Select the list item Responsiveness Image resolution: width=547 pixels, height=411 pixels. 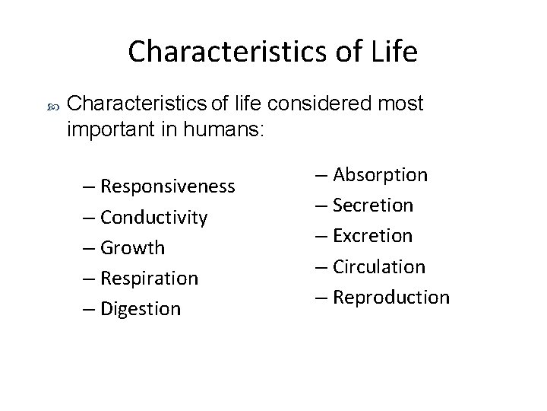[167, 186]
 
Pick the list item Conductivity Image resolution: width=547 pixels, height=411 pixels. [153, 217]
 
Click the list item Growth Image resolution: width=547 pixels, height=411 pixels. [132, 247]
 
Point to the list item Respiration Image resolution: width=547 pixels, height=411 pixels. [149, 278]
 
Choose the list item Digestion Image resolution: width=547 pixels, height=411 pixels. [141, 308]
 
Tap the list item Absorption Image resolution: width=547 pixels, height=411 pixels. [379, 175]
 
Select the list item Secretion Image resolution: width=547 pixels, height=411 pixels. [372, 205]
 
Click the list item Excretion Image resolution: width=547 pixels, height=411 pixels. [372, 236]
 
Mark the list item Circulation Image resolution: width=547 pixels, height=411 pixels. [378, 266]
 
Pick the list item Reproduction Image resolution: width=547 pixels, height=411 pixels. [390, 297]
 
